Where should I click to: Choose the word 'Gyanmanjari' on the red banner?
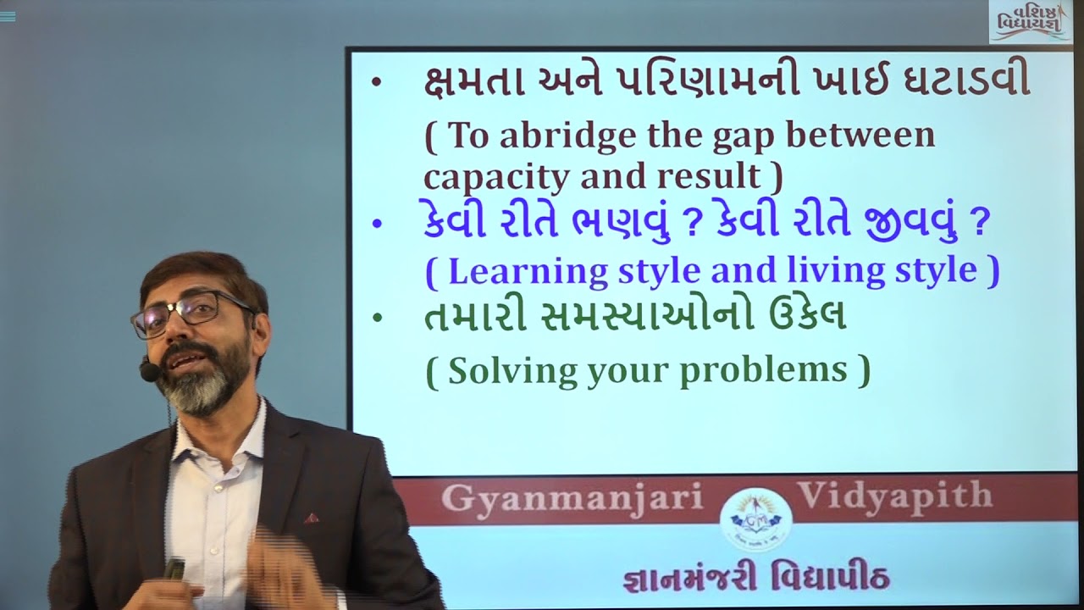(x=572, y=498)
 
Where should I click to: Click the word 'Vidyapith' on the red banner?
(x=893, y=496)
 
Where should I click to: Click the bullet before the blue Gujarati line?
(x=377, y=225)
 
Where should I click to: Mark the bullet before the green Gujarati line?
(x=377, y=319)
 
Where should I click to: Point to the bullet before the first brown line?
(x=377, y=82)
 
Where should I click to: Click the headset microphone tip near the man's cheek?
(x=149, y=371)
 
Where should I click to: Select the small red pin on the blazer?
(x=311, y=518)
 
